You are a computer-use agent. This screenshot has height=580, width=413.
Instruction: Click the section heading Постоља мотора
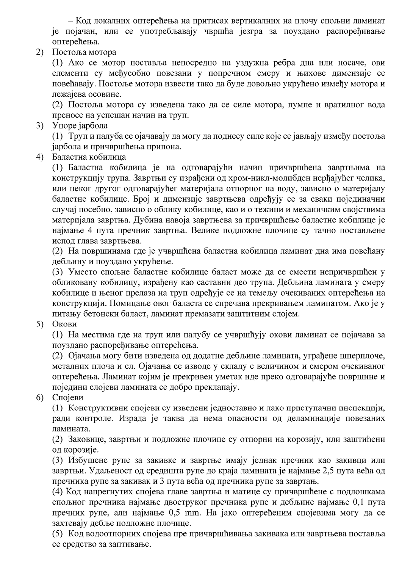[x=84, y=52]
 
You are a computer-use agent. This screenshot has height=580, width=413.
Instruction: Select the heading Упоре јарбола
[x=80, y=125]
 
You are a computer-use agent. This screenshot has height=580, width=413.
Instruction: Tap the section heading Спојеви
[x=68, y=398]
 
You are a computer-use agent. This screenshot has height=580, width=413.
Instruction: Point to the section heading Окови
[x=65, y=324]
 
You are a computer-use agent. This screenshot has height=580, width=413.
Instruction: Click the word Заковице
[x=86, y=439]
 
